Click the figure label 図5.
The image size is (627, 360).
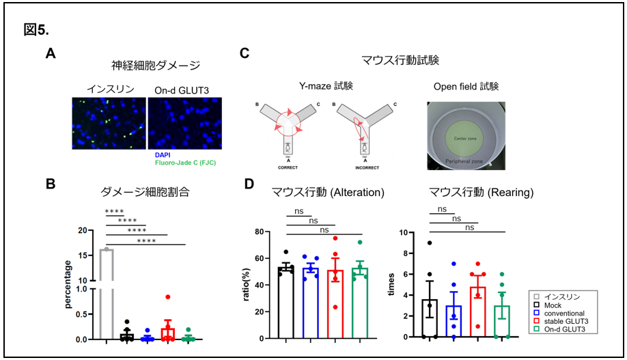(35, 29)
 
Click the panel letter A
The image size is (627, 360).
(51, 53)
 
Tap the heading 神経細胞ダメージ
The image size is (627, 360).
(156, 66)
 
